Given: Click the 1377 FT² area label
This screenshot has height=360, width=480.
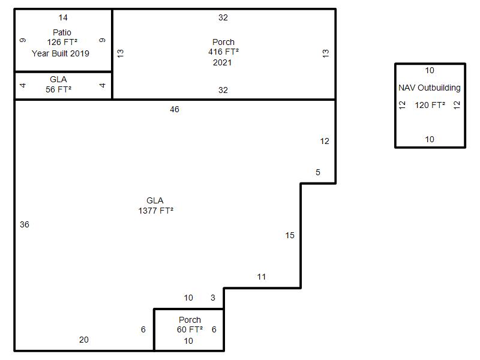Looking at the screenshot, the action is click(156, 211).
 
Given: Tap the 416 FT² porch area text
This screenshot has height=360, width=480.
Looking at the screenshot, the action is click(223, 52).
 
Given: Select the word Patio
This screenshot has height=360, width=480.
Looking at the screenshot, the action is click(62, 32).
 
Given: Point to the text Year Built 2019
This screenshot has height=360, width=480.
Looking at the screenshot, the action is click(61, 53).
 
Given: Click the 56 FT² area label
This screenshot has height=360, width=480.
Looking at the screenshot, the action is click(58, 89).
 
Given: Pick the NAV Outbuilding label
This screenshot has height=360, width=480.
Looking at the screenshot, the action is click(430, 88).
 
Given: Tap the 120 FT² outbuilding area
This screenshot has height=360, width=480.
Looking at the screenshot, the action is click(430, 106).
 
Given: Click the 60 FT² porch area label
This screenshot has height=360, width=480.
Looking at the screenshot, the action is click(190, 329).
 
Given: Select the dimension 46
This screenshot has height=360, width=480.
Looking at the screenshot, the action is click(175, 109).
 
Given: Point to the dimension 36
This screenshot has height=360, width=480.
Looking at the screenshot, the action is click(25, 224).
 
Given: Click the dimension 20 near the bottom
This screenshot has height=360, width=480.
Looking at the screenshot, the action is click(84, 340).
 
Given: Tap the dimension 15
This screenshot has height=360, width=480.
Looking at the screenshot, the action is click(290, 235).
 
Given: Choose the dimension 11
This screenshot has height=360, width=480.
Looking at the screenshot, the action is click(262, 277).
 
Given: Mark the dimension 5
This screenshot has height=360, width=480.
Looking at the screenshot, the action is click(318, 172).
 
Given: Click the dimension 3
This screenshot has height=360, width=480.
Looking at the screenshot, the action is click(213, 298).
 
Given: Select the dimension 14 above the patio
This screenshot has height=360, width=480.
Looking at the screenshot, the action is click(63, 18).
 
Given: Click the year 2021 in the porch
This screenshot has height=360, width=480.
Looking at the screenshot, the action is click(222, 62).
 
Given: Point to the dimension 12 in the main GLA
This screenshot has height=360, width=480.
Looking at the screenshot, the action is click(325, 141).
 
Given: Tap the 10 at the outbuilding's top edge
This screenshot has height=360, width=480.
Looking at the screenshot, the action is click(430, 70).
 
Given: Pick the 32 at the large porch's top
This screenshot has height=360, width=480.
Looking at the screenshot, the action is click(223, 17).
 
